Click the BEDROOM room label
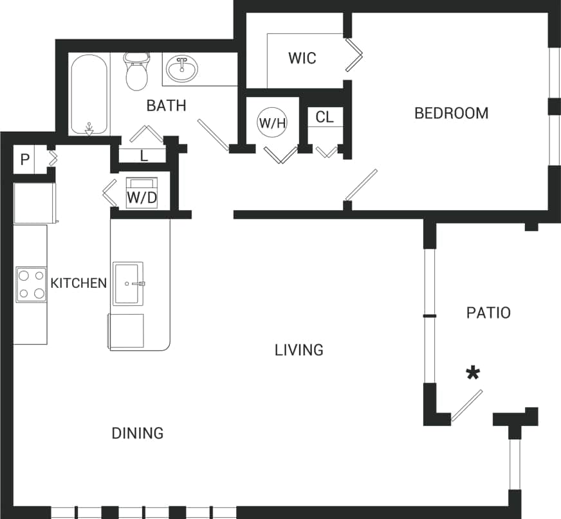click(x=451, y=114)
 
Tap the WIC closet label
click(x=302, y=58)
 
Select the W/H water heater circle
click(x=271, y=123)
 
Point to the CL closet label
click(x=325, y=118)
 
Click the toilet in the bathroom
click(x=136, y=73)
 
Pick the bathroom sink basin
click(x=183, y=68)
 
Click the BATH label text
click(x=166, y=105)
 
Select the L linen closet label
click(x=143, y=155)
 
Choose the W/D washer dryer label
click(x=142, y=197)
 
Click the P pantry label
click(x=24, y=160)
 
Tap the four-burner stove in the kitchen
click(x=31, y=285)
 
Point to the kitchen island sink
click(x=128, y=283)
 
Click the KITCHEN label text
click(x=78, y=283)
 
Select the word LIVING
click(x=299, y=350)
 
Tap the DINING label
click(x=138, y=434)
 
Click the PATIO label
click(x=488, y=313)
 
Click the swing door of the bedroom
click(x=361, y=185)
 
